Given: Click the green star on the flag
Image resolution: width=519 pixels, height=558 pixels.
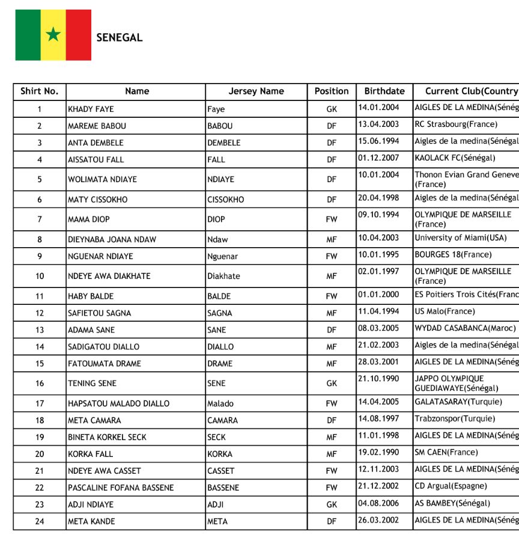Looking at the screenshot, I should (53, 34).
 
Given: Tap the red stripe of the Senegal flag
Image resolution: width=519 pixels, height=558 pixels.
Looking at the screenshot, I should (79, 35).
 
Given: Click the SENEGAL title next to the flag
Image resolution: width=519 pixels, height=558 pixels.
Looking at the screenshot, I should (120, 37).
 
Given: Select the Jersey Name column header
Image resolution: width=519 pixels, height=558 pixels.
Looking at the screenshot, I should (256, 91).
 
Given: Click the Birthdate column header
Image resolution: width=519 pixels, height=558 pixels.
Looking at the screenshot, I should (384, 91).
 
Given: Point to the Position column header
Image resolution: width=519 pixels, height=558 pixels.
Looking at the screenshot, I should (332, 91).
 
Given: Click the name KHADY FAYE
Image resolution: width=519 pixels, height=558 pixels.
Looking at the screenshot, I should (91, 109).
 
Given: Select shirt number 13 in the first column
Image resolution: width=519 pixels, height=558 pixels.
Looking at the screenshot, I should (40, 330).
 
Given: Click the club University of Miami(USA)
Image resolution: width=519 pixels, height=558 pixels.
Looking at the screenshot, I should (461, 238).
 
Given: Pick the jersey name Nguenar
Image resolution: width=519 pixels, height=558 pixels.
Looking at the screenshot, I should (223, 257).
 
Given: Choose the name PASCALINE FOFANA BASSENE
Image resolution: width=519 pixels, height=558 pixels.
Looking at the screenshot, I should (121, 488).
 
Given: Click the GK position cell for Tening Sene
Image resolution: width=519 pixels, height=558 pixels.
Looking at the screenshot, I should (332, 384).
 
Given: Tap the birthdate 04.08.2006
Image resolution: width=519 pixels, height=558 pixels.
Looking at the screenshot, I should (378, 503).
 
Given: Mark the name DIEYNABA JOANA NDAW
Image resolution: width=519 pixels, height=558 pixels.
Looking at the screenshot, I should (112, 240).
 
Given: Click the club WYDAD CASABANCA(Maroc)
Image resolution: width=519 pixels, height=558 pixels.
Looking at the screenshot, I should (465, 328).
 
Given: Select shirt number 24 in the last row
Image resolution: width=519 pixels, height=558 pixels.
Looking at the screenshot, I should (40, 522).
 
